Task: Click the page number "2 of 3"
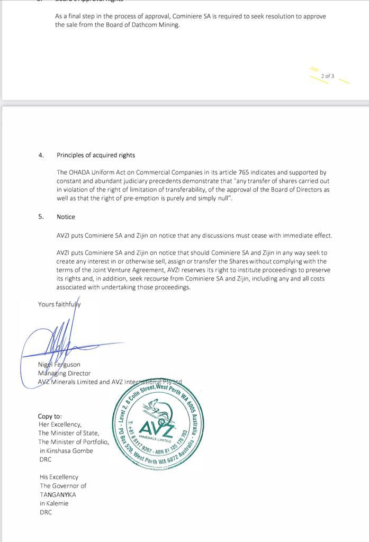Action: tap(328, 76)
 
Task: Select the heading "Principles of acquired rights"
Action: tap(96, 155)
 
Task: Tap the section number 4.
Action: tap(41, 155)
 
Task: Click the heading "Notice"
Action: tap(66, 216)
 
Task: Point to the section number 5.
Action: tap(41, 216)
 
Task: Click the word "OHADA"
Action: tap(80, 173)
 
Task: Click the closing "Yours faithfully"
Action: tap(59, 304)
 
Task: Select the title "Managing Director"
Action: tap(64, 373)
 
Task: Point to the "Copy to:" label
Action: tap(50, 417)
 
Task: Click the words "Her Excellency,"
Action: tap(60, 424)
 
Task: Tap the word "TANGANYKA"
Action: tap(58, 494)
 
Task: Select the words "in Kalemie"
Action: tap(54, 503)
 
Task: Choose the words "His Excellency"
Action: tap(59, 477)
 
